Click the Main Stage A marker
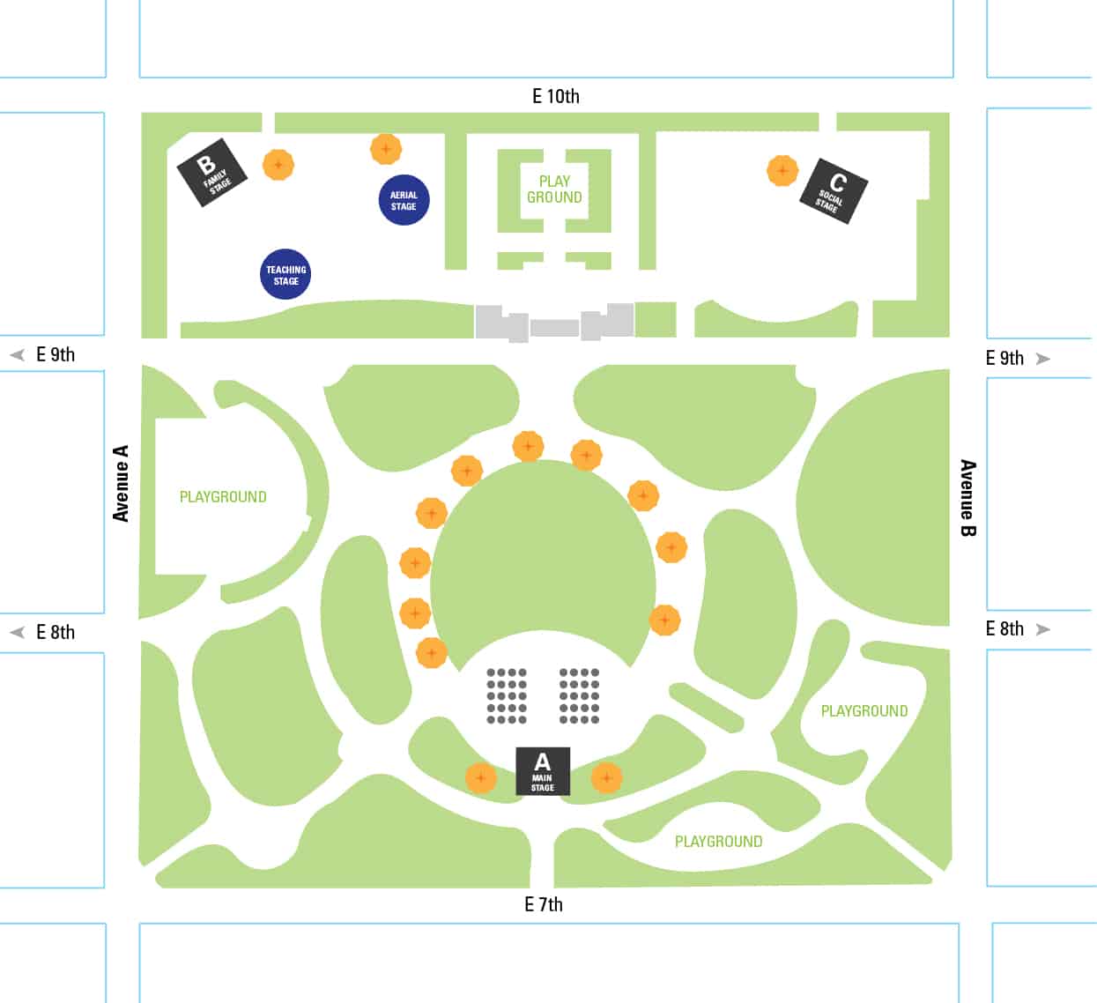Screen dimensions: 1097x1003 (542, 771)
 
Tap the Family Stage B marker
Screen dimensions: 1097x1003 (211, 173)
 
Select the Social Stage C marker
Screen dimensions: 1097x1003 (834, 191)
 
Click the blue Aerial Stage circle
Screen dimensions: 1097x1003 (404, 200)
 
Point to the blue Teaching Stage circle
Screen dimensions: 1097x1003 (285, 274)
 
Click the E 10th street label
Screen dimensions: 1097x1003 (556, 96)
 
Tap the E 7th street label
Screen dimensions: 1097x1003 (543, 904)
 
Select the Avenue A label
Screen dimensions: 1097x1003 (121, 483)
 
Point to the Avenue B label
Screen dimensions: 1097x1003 (968, 497)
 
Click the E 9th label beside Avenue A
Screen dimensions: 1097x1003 (56, 354)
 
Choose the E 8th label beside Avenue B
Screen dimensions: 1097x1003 (1005, 628)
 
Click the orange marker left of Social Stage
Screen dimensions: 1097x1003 (782, 170)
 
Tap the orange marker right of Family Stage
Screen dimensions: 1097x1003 (278, 164)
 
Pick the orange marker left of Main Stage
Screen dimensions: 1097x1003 (480, 777)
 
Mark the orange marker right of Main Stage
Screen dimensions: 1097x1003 (606, 777)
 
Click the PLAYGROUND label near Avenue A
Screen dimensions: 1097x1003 (223, 497)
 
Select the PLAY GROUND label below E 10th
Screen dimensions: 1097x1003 (554, 189)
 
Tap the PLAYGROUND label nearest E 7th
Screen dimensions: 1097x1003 (718, 842)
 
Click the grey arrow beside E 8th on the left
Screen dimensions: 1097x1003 (17, 632)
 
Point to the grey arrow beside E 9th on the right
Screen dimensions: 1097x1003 (1043, 359)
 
